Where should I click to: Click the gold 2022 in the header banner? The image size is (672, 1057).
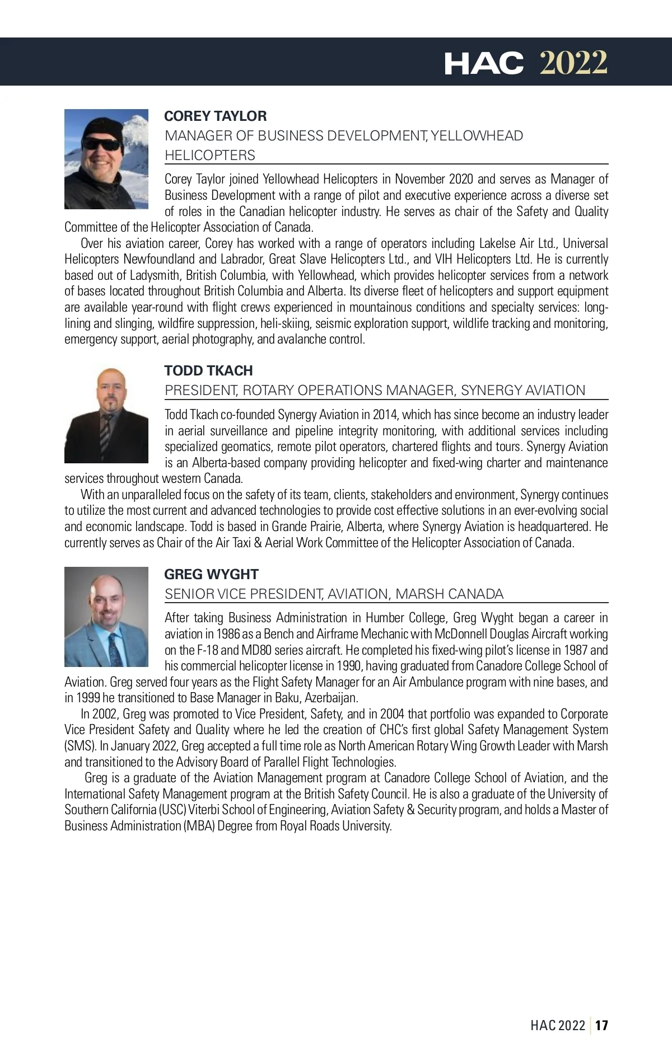573,63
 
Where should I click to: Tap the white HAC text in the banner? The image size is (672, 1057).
484,63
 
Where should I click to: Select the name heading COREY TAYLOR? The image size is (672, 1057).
215,116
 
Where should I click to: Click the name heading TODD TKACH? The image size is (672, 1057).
208,370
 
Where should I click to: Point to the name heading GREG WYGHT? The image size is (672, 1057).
211,574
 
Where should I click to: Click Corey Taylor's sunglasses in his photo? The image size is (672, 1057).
102,144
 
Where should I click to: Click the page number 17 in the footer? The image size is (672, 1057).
601,1025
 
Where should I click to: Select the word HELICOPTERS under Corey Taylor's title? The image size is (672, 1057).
210,155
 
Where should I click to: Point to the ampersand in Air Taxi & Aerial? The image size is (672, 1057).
258,543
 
